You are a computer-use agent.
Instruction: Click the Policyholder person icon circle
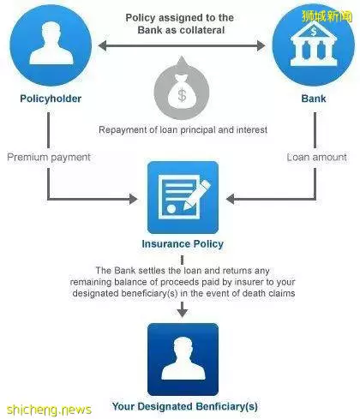coord(51,45)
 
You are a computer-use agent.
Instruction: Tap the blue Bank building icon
coord(314,45)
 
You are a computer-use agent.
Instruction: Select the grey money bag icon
coord(182,88)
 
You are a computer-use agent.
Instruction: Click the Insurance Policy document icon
coord(183,198)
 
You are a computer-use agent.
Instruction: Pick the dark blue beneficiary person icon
coord(183,359)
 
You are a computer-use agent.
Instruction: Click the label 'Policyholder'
coord(51,99)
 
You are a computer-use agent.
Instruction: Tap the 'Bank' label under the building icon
coord(314,99)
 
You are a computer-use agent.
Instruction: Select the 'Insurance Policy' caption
coord(183,244)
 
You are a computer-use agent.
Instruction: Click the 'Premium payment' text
coord(49,158)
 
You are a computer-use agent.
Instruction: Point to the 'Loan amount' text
coord(316,157)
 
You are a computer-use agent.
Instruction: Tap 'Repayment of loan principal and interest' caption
coord(183,130)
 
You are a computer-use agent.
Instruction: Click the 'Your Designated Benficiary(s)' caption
coord(185,406)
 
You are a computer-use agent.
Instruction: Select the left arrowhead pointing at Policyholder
coord(102,45)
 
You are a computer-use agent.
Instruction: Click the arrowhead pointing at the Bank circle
coord(261,45)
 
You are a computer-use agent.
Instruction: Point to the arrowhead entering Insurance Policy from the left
coord(133,199)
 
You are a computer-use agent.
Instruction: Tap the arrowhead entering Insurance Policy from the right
coord(231,199)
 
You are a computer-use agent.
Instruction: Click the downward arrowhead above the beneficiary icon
coord(183,313)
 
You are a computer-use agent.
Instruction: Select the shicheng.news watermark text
coord(49,410)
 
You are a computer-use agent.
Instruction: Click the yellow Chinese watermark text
coord(327,16)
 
